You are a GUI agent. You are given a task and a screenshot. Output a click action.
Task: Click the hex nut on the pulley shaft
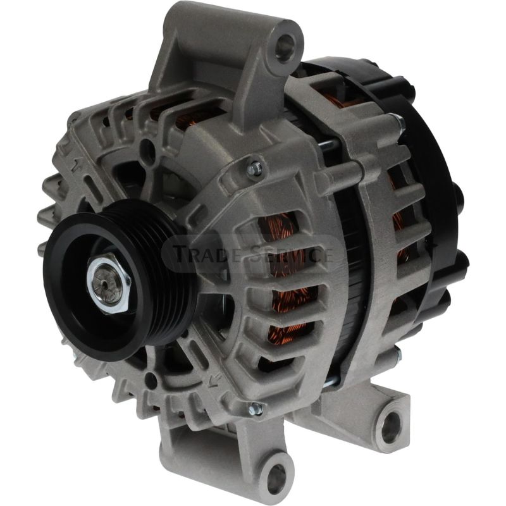[x=108, y=283]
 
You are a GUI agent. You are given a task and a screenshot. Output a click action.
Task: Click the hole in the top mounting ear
[x=285, y=46]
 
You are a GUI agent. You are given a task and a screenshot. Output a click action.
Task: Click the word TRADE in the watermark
[x=208, y=254]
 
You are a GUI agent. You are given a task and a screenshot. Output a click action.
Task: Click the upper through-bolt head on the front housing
[x=255, y=170]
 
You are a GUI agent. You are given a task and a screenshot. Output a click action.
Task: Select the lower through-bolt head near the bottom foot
[x=256, y=409]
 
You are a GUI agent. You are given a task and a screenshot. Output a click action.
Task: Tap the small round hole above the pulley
[x=147, y=150]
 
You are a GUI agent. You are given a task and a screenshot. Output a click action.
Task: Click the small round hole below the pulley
[x=151, y=379]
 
